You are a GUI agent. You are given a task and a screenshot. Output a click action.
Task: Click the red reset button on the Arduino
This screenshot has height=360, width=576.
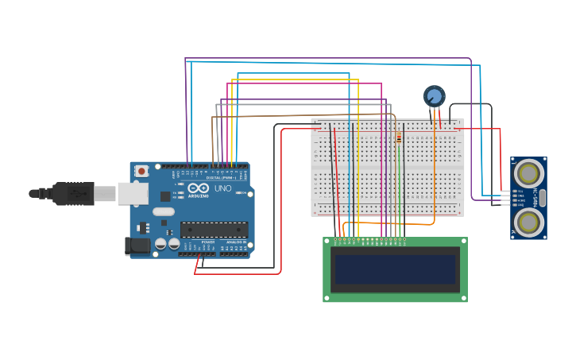pyautogui.click(x=141, y=171)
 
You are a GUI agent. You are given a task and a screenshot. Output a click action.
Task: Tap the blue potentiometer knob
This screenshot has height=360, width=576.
pyautogui.click(x=434, y=97)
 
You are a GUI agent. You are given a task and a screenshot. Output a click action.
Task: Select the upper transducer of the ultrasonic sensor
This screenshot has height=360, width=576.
pyautogui.click(x=528, y=173)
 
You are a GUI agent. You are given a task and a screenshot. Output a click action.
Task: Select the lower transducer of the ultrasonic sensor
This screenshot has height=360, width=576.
pyautogui.click(x=528, y=222)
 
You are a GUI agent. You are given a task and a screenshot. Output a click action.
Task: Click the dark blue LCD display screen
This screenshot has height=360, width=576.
pyautogui.click(x=395, y=269)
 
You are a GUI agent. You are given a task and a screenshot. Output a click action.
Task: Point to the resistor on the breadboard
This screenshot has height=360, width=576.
pyautogui.click(x=399, y=138)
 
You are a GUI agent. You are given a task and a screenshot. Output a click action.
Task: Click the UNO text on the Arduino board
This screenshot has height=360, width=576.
pyautogui.click(x=222, y=188)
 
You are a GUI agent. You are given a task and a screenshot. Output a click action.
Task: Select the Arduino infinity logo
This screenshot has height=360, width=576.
pyautogui.click(x=198, y=188)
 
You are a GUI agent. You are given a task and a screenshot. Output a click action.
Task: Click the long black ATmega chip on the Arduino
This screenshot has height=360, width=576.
pyautogui.click(x=214, y=230)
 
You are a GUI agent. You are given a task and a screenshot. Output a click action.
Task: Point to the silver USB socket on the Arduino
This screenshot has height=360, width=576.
pyautogui.click(x=133, y=193)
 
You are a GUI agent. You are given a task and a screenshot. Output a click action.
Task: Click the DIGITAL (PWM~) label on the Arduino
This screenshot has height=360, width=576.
pyautogui.click(x=222, y=177)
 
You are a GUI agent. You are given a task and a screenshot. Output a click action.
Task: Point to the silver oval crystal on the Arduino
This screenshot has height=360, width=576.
pyautogui.click(x=164, y=211)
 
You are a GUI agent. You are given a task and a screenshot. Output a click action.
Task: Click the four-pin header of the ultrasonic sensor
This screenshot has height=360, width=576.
pyautogui.click(x=506, y=198)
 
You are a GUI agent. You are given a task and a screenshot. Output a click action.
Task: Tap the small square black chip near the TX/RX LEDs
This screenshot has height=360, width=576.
pyautogui.click(x=165, y=195)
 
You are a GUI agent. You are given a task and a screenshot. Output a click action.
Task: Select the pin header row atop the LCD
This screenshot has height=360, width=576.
pyautogui.click(x=369, y=239)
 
